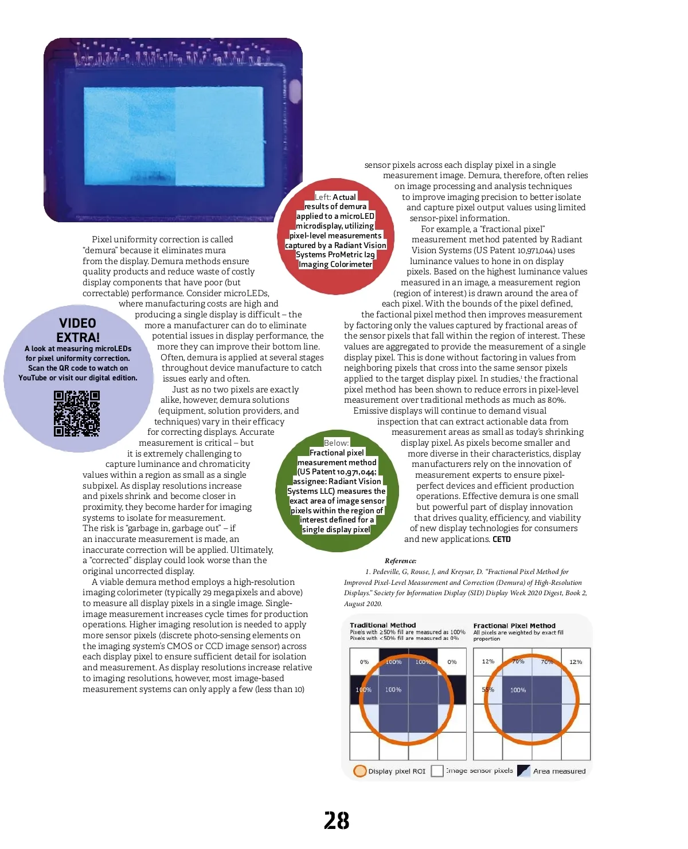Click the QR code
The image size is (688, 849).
(77, 413)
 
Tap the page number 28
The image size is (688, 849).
(337, 820)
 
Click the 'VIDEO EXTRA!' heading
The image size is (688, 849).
(78, 330)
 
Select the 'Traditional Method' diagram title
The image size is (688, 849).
(382, 625)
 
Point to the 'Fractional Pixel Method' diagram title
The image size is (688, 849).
(514, 626)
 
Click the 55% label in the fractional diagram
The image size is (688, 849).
(488, 689)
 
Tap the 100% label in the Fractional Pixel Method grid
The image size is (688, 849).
(518, 690)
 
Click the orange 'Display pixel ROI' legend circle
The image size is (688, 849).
(360, 771)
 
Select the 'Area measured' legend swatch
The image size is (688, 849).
(523, 771)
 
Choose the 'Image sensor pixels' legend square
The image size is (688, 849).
(437, 771)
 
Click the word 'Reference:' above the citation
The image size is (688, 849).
(400, 561)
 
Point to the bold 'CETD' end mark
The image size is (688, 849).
(502, 539)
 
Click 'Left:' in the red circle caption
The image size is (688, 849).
(323, 197)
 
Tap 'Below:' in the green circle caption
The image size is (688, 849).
(336, 443)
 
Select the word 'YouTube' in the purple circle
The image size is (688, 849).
(32, 378)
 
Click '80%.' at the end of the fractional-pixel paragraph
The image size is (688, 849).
(556, 400)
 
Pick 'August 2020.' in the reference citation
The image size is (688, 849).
(363, 604)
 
